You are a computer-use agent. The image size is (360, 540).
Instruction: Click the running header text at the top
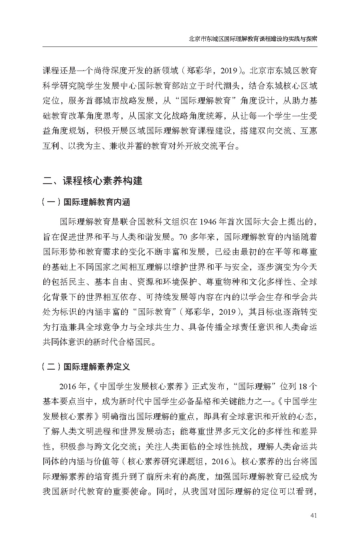click(253, 39)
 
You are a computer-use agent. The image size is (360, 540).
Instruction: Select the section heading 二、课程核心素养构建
click(93, 181)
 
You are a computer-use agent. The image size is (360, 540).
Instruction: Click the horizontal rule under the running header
click(180, 47)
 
